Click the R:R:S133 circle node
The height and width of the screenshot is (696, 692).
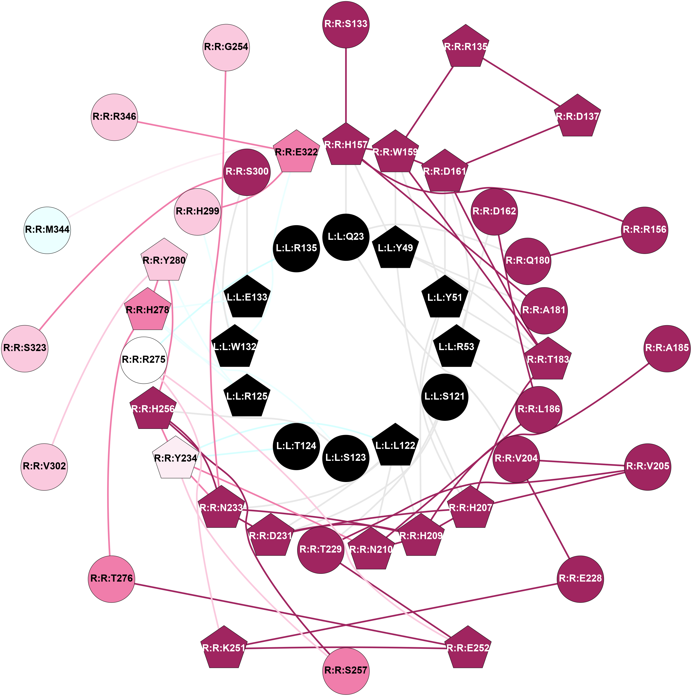[346, 24]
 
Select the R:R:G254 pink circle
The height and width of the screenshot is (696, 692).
[226, 47]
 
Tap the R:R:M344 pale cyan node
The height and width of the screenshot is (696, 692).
[47, 230]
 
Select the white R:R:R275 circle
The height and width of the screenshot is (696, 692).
[143, 360]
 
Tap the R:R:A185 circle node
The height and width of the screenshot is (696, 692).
[667, 348]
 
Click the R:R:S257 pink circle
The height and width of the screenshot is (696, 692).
[346, 670]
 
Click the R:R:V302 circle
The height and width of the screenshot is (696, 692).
[44, 466]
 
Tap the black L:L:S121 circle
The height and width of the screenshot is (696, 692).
[445, 397]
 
